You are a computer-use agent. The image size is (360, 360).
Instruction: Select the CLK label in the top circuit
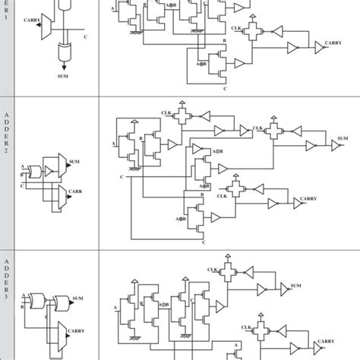pos(237,28)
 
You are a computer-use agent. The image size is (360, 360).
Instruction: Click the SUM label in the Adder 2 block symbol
pos(74,163)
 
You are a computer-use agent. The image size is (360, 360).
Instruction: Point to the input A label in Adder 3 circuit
pos(115,308)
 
